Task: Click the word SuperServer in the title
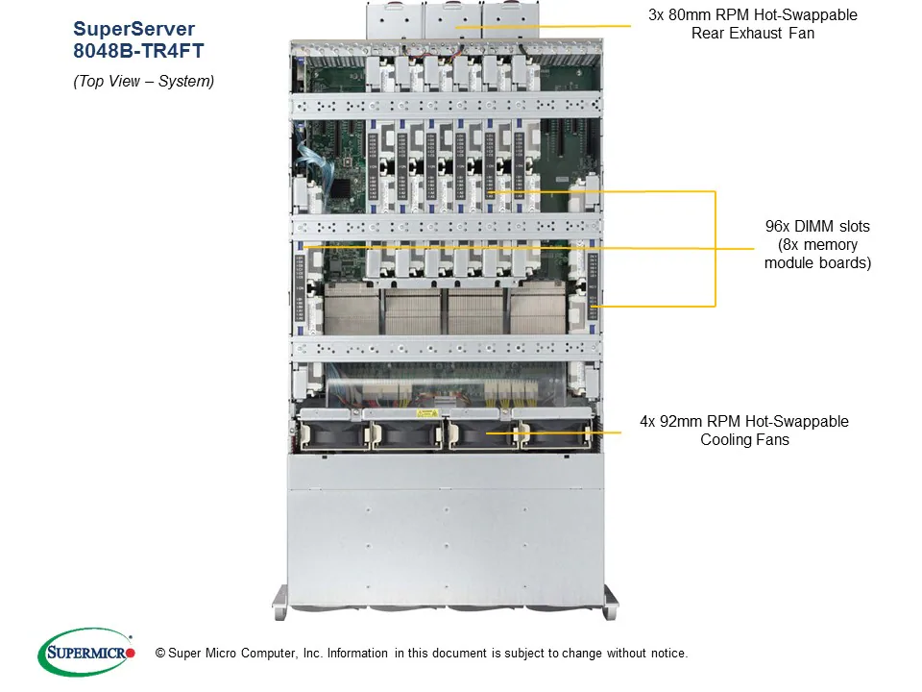[x=133, y=29]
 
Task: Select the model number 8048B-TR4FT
[x=138, y=53]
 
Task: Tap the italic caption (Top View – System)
[x=144, y=82]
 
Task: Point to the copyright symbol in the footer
[x=147, y=654]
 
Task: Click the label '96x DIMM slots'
[x=817, y=227]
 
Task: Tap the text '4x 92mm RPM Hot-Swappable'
[x=744, y=421]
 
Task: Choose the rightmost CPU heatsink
[x=540, y=309]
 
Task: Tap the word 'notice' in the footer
[x=667, y=654]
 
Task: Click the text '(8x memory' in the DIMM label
[x=817, y=244]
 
